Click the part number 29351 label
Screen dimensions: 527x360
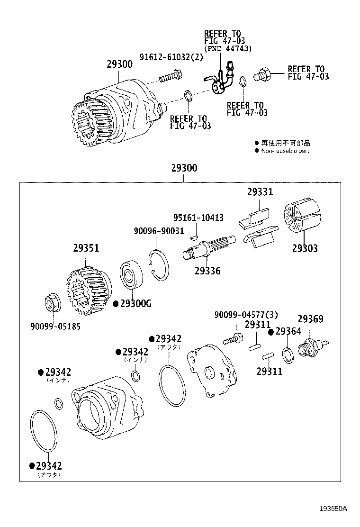click(86, 248)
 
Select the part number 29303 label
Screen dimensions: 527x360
click(305, 248)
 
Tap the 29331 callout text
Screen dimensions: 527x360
click(260, 192)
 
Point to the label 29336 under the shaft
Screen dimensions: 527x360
click(207, 271)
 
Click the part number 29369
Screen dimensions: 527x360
click(310, 319)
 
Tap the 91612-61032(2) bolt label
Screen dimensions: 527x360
click(171, 57)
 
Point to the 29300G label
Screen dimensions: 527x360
click(135, 304)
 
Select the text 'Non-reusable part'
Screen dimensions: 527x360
click(285, 151)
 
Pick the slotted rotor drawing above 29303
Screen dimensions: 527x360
click(302, 218)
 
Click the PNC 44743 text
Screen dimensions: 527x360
click(227, 48)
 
